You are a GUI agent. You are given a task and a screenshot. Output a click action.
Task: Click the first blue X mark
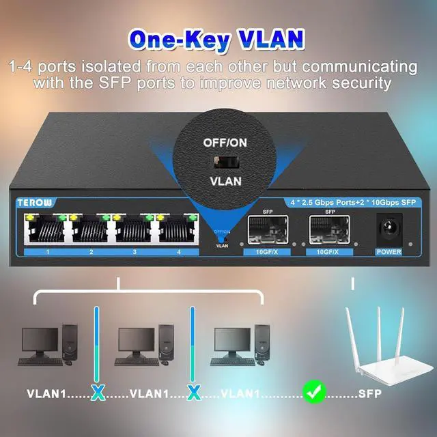[x=98, y=393]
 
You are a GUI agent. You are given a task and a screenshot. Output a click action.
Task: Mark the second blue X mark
[x=194, y=393]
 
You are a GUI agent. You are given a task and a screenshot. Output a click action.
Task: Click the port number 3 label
[x=135, y=253]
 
